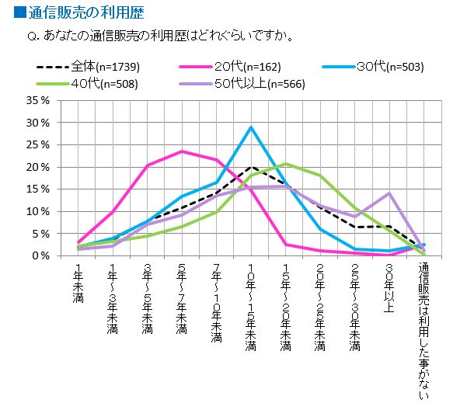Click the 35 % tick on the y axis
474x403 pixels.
pos(37,101)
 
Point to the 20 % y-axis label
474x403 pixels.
pos(37,167)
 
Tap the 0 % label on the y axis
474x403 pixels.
pos(40,255)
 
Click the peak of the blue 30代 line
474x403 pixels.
pos(250,127)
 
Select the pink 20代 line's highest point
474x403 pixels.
pos(181,151)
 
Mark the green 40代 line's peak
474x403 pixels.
pos(285,164)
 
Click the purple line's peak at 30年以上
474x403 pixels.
pos(389,193)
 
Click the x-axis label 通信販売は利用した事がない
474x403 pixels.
pos(423,326)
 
